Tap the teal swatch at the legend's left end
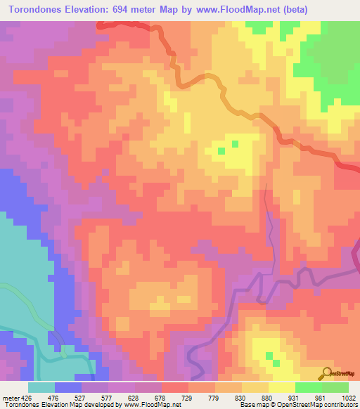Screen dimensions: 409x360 pyautogui.click(x=41, y=387)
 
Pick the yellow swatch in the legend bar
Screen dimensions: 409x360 pyautogui.click(x=282, y=387)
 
